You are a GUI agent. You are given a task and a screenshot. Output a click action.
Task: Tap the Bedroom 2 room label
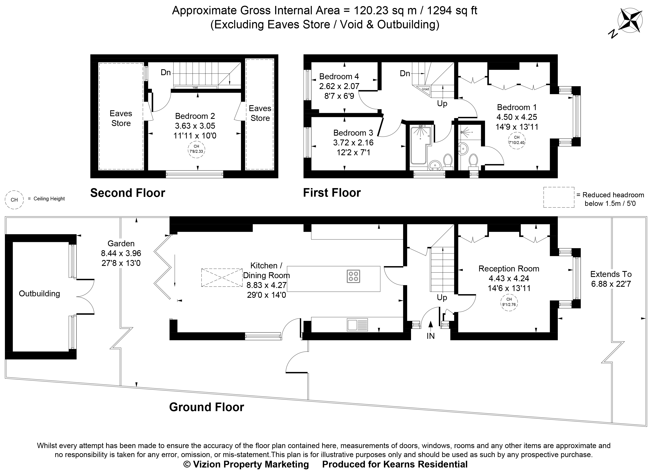[195, 116]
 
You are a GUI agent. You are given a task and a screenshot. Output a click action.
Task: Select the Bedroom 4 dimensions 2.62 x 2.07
[339, 86]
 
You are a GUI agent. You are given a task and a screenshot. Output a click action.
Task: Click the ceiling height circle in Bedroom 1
[517, 141]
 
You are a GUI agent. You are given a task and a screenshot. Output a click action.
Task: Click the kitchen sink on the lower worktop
[357, 325]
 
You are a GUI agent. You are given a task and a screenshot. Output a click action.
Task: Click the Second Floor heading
[128, 193]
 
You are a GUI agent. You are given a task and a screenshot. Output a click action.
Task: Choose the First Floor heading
[332, 193]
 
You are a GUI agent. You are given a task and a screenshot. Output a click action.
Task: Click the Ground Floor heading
[206, 407]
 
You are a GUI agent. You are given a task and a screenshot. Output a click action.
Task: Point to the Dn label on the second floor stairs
[166, 72]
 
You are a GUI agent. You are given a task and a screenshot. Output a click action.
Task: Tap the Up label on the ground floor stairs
[442, 298]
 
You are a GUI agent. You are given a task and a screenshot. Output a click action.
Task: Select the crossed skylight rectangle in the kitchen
[222, 277]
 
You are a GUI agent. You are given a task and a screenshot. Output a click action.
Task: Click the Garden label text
[121, 243]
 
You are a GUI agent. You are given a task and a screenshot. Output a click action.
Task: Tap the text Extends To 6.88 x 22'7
[611, 279]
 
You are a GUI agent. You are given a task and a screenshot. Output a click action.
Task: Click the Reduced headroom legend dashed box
[559, 197]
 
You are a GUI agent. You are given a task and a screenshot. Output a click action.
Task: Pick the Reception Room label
[509, 269]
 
